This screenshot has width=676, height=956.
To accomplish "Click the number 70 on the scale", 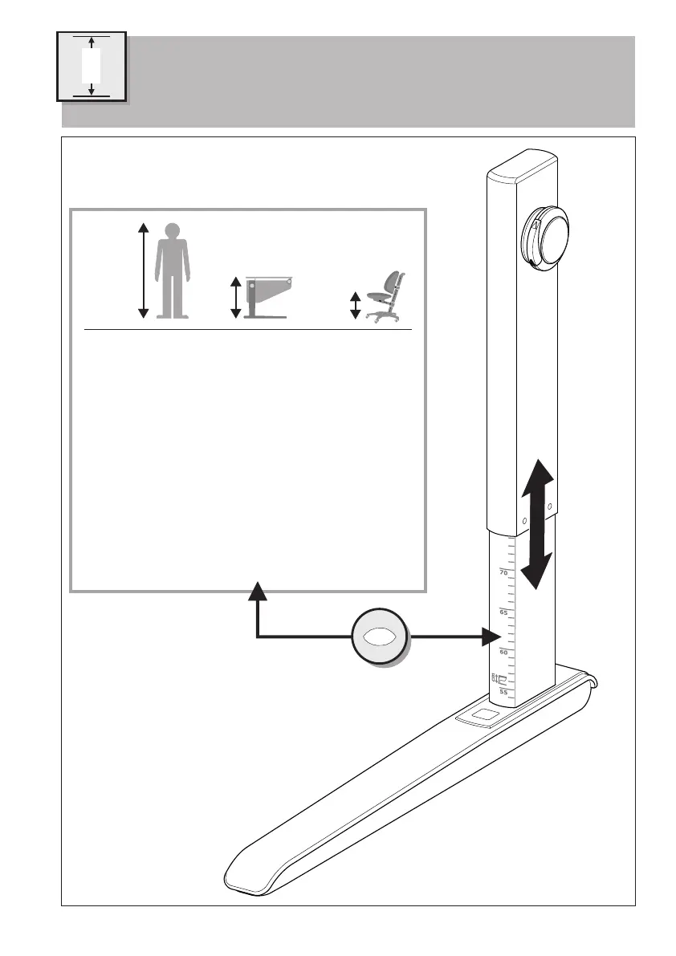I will point(503,573).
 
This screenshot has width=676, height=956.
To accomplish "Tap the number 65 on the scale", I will point(503,613).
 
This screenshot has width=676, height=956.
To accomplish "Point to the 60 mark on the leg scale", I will point(503,653).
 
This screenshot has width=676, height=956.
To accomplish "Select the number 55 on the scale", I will point(503,691).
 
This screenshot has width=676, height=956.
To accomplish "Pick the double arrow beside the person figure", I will point(143,271).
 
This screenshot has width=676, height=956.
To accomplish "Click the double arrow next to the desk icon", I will point(234,297).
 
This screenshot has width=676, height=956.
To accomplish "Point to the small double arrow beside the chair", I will point(355,305).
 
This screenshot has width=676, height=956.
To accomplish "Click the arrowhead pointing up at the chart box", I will point(257,592).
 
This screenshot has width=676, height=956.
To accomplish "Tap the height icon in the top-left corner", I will point(91,66).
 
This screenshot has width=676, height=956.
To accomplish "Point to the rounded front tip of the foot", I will point(241,875).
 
